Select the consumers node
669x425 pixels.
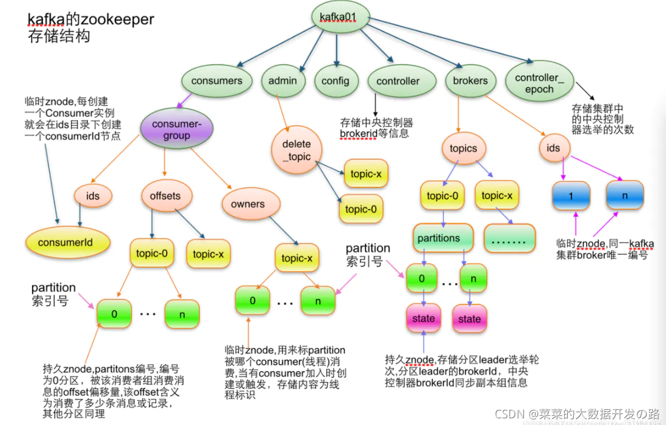click(x=216, y=81)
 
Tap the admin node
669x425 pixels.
click(x=282, y=81)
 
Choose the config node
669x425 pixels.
click(x=335, y=81)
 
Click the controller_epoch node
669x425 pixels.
click(x=539, y=83)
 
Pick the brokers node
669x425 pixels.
click(x=470, y=81)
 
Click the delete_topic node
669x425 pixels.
click(x=296, y=150)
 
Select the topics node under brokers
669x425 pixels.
click(x=464, y=149)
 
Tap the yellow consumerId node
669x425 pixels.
click(x=65, y=243)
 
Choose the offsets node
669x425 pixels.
click(x=165, y=196)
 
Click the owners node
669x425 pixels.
click(x=248, y=204)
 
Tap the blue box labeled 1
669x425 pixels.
click(x=570, y=195)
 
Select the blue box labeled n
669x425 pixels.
click(x=624, y=195)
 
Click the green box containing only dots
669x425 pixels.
click(x=510, y=238)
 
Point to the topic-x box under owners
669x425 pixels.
click(x=297, y=259)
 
